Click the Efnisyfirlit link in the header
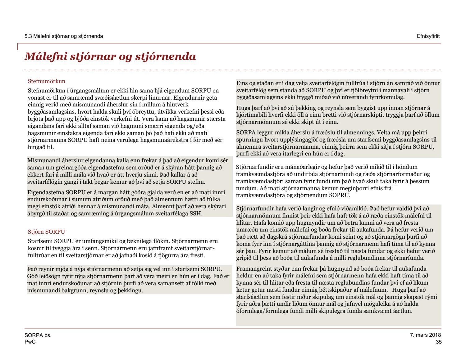(428, 36)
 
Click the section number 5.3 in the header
(28, 36)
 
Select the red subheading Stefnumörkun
(47, 81)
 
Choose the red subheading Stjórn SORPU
(46, 232)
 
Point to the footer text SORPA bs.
(38, 335)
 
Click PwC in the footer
(30, 342)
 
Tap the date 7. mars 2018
(425, 335)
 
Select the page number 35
(438, 342)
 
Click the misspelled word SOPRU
(341, 196)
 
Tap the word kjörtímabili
(251, 115)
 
